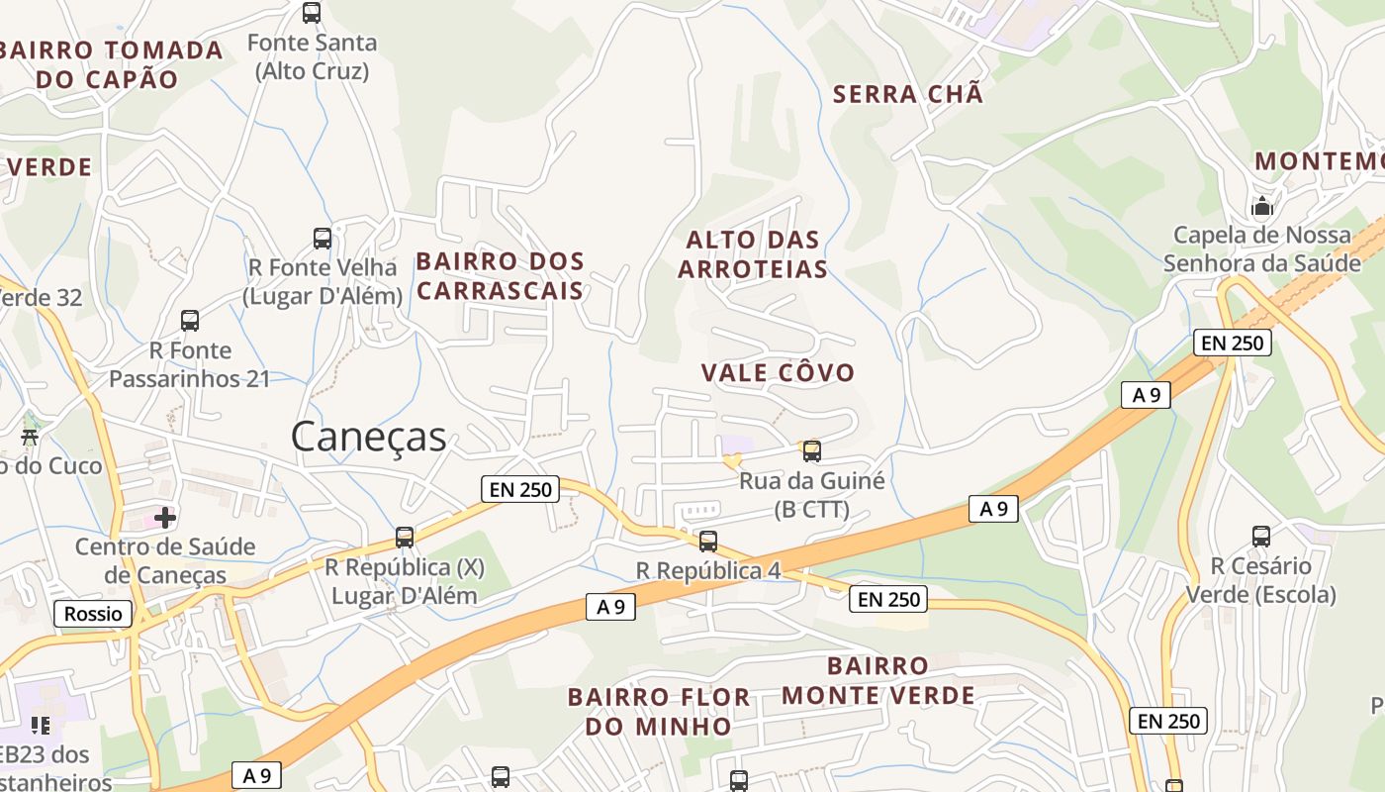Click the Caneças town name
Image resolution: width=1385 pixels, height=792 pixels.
[x=368, y=437]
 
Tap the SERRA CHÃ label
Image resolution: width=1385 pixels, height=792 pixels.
[x=908, y=94]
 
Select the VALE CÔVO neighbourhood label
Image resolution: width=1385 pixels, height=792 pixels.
[x=778, y=372]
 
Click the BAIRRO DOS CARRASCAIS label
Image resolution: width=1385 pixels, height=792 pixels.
[x=500, y=275]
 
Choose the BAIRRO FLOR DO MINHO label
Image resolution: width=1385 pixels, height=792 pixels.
[x=658, y=711]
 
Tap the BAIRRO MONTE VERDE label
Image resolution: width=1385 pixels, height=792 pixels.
[x=878, y=680]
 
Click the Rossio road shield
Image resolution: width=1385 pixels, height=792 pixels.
[x=93, y=614]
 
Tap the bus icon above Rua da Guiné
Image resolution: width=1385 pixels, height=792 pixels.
[x=812, y=451]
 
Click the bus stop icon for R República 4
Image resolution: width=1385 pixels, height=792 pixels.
[x=708, y=542]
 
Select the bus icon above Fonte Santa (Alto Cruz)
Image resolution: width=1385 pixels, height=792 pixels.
[x=312, y=13]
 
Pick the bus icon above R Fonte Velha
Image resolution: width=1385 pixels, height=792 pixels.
[x=323, y=238]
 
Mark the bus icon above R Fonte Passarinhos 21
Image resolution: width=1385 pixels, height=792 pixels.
[x=190, y=321]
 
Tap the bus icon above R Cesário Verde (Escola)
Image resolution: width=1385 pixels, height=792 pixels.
[x=1261, y=537]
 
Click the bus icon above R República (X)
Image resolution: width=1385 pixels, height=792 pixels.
[x=405, y=538]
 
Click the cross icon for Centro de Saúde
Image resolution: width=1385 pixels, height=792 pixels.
[x=165, y=517]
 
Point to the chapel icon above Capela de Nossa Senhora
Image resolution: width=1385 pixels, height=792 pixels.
[x=1262, y=207]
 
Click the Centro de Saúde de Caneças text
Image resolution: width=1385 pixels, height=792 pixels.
[x=165, y=560]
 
